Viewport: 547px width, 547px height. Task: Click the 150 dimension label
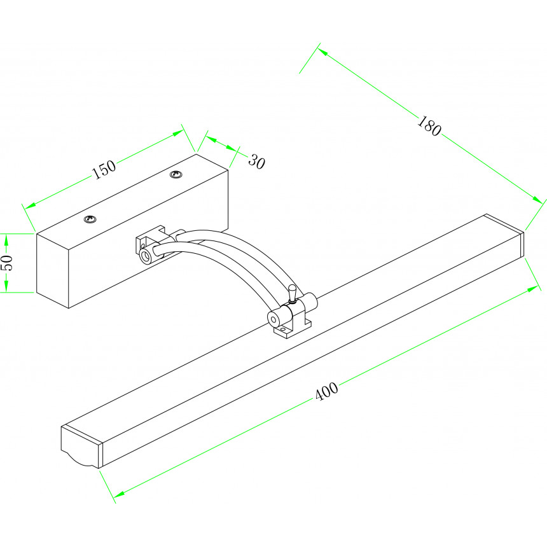[x=104, y=169]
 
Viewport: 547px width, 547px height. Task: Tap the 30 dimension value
[x=257, y=162]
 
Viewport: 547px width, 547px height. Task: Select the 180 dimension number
[x=429, y=126]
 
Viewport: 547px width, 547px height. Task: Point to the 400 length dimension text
[x=326, y=391]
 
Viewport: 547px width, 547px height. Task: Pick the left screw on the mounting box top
[x=90, y=219]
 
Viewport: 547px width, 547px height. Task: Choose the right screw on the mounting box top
[x=176, y=174]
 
